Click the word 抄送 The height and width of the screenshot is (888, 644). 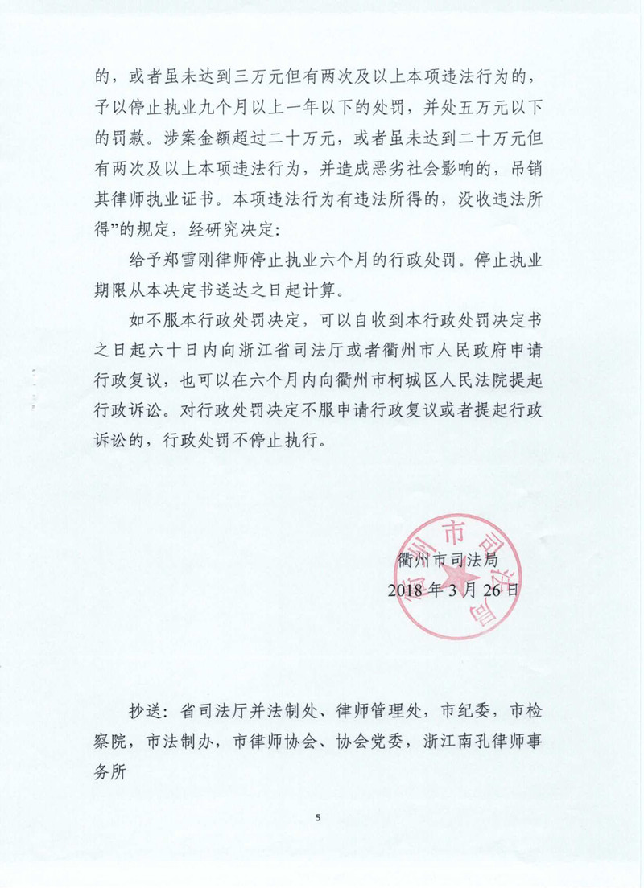148,711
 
